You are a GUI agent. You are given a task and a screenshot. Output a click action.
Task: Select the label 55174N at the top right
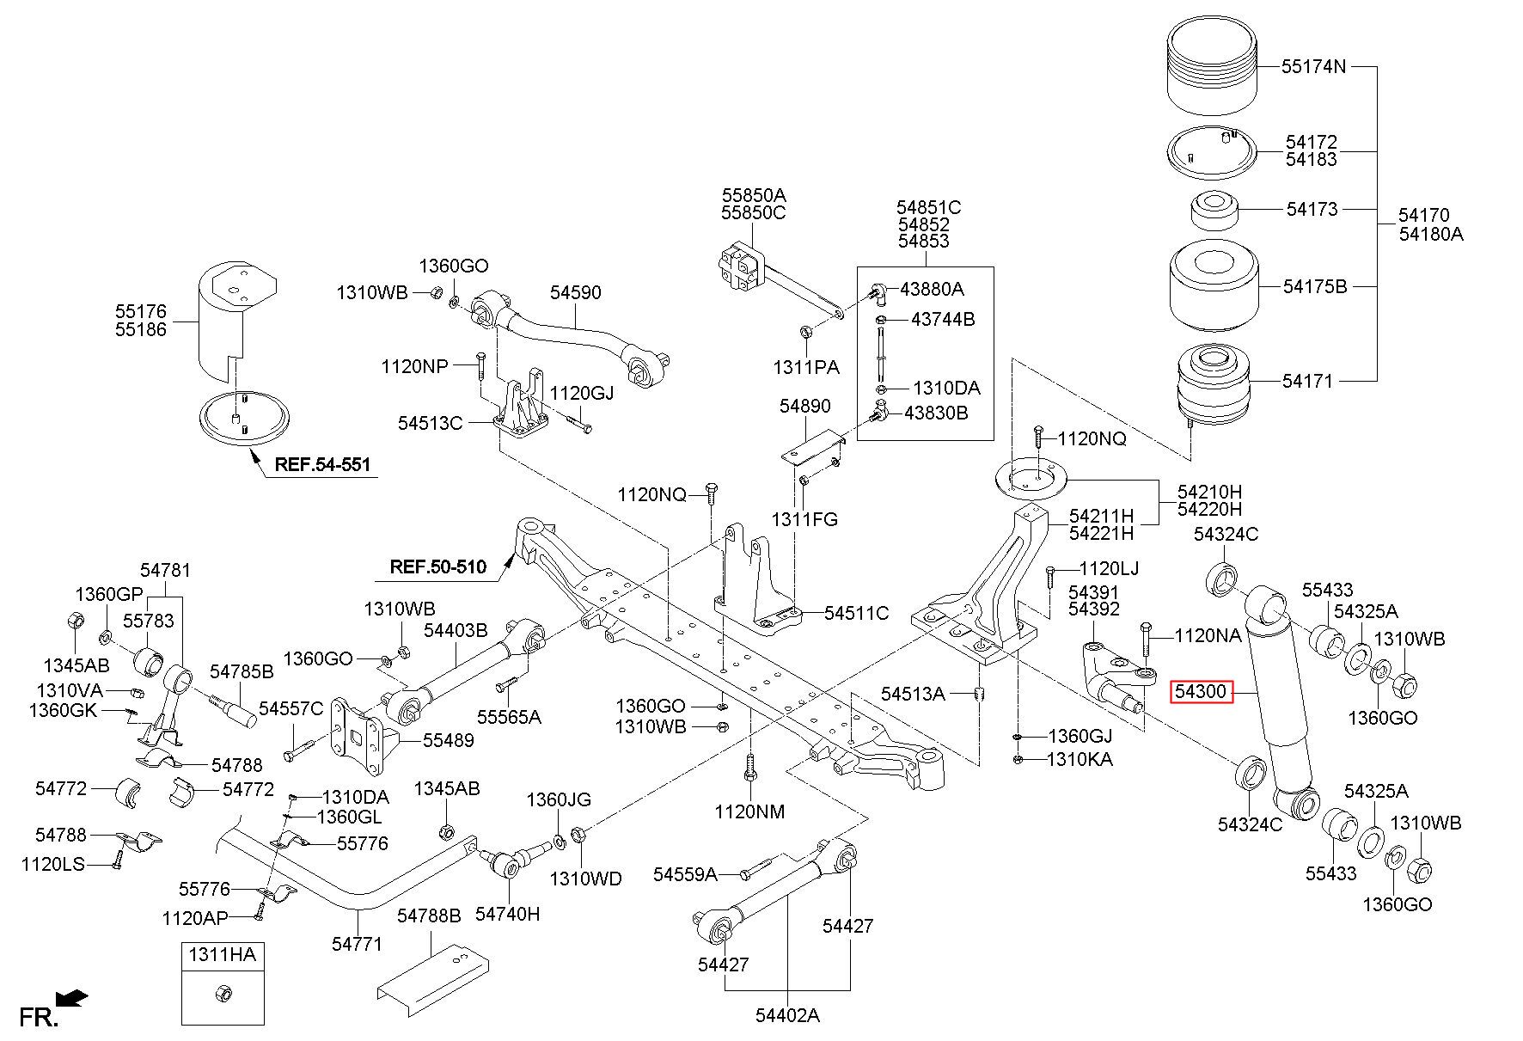point(1314,66)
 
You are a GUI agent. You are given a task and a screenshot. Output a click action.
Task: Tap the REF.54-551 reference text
point(322,465)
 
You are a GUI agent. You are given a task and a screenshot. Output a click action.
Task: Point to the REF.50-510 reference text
point(437,566)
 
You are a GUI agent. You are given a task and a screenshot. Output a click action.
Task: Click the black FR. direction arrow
point(71,999)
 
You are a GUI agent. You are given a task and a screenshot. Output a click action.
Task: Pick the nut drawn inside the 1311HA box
point(222,993)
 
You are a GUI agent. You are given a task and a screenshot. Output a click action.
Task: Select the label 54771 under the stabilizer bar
point(357,944)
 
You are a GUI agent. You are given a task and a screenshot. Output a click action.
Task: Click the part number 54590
point(576,292)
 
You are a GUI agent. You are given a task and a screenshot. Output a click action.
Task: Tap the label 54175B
point(1315,286)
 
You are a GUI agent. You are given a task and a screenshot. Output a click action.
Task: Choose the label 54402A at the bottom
point(787,1015)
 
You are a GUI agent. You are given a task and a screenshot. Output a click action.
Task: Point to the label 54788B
point(429,916)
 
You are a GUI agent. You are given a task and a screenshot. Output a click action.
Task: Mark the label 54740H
point(508,915)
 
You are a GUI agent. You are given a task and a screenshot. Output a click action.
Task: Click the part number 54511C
point(856,613)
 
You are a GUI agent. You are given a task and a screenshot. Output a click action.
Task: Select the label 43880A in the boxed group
point(932,289)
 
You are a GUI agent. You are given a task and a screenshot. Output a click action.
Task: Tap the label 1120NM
point(749,811)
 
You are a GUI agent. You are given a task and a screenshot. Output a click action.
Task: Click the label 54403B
point(456,631)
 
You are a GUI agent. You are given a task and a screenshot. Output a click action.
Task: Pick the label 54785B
point(242,671)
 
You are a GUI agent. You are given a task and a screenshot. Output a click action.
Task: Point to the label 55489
point(448,740)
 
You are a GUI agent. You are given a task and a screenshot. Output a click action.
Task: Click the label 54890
point(805,406)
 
